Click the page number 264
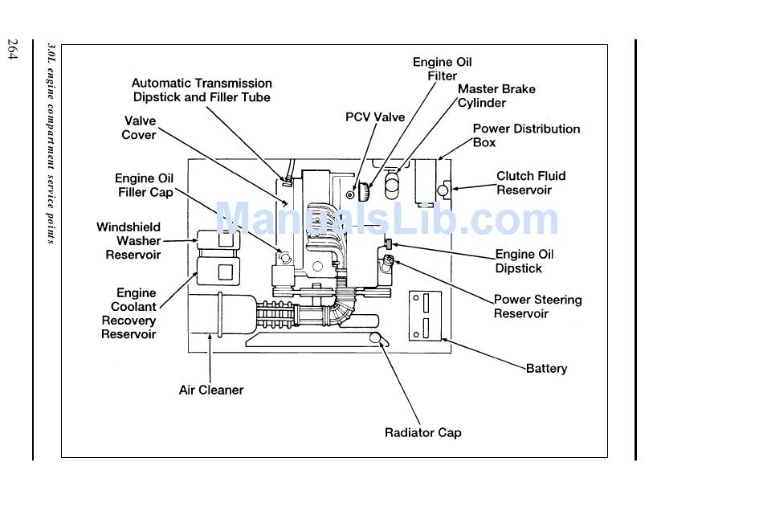pyautogui.click(x=13, y=49)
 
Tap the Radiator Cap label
pyautogui.click(x=422, y=432)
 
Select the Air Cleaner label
pyautogui.click(x=211, y=390)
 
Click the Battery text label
pyautogui.click(x=546, y=369)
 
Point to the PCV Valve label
pyautogui.click(x=375, y=116)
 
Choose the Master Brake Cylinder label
pyautogui.click(x=496, y=96)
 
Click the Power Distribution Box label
pyautogui.click(x=527, y=136)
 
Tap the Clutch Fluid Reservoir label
pyautogui.click(x=531, y=182)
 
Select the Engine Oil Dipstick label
pyautogui.click(x=524, y=261)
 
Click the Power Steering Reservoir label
pyautogui.click(x=537, y=306)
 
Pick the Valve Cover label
pyautogui.click(x=139, y=128)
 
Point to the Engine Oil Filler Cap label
pyautogui.click(x=145, y=185)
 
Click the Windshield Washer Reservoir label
pyautogui.click(x=129, y=240)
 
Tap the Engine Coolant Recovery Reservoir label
pyautogui.click(x=129, y=313)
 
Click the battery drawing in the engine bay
pyautogui.click(x=426, y=316)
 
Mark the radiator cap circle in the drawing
pyautogui.click(x=375, y=337)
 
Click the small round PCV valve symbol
pyautogui.click(x=350, y=194)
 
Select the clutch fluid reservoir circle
pyautogui.click(x=443, y=190)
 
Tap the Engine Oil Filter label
pyautogui.click(x=443, y=68)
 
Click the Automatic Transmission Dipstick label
pyautogui.click(x=202, y=90)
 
